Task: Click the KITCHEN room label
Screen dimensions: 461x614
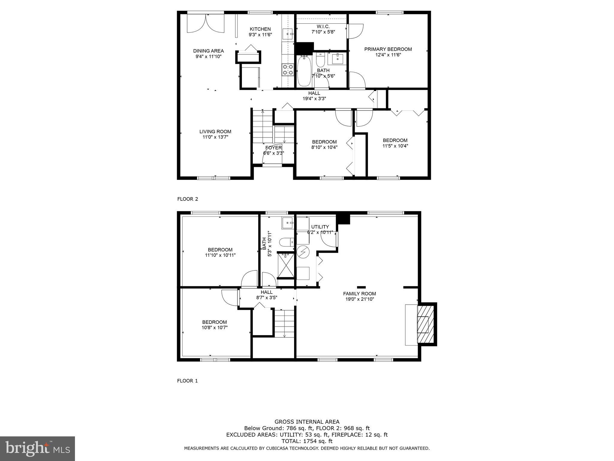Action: coord(260,29)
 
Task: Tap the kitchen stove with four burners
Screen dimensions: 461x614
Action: coord(288,70)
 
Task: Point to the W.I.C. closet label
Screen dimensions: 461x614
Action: coord(323,26)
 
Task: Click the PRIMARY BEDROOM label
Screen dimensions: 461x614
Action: coord(388,49)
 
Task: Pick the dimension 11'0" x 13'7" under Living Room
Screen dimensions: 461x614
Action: coord(215,137)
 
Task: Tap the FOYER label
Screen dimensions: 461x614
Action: coord(273,148)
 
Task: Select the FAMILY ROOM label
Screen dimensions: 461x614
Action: coord(359,294)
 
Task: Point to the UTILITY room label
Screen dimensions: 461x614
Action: coord(320,227)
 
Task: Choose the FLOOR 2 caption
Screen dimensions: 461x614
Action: coord(188,199)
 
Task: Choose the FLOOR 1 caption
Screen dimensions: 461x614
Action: coord(188,381)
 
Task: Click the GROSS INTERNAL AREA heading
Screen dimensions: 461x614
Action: coord(307,422)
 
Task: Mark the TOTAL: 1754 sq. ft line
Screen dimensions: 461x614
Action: coord(307,441)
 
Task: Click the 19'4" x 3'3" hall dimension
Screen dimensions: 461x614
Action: coord(314,98)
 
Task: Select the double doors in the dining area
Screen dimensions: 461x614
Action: coord(206,23)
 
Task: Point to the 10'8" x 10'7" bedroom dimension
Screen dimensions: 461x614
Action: coord(214,328)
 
